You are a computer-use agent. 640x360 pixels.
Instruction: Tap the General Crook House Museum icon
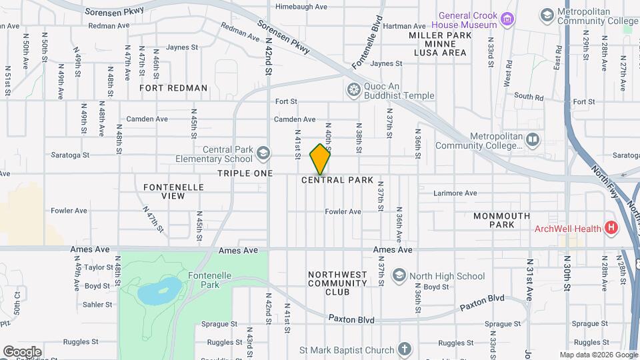pos(508,19)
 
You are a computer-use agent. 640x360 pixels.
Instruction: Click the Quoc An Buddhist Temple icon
pos(353,89)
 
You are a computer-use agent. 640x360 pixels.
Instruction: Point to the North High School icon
pos(399,276)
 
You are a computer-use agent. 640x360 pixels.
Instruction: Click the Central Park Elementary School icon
pos(263,154)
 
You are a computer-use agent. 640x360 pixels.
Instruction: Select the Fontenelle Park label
pos(213,279)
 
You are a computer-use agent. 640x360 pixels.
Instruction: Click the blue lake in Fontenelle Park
pos(160,290)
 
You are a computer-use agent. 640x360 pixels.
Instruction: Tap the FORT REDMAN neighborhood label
pos(173,88)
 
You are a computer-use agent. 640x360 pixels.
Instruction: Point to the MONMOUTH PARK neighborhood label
pos(502,220)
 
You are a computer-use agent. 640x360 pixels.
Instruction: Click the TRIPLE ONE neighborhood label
pos(245,173)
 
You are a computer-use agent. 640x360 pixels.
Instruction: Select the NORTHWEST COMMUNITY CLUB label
pos(337,283)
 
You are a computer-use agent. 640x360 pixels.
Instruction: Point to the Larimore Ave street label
pos(455,193)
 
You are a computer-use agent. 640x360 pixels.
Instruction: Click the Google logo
pos(22,352)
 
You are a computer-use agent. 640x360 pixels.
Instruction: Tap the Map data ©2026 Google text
pos(598,355)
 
